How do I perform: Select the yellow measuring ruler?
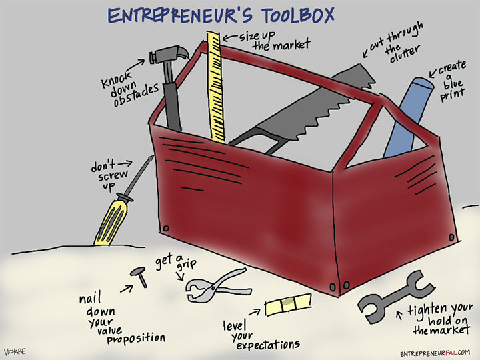[x=215, y=87]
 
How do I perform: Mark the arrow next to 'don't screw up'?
[x=141, y=161]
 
